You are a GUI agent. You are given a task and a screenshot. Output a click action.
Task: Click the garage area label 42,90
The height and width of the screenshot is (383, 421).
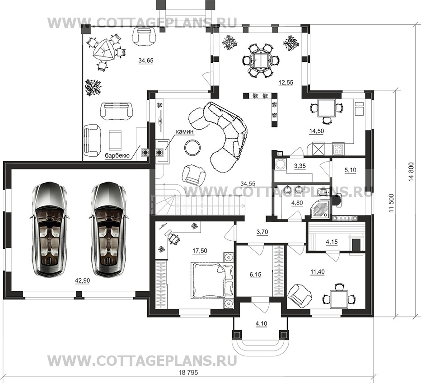tap(82, 281)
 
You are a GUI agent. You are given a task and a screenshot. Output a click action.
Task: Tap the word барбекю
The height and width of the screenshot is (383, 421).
tap(117, 156)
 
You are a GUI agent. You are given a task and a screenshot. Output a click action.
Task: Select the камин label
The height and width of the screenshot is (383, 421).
tap(185, 132)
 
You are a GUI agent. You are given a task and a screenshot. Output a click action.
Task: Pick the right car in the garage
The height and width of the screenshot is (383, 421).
tap(108, 229)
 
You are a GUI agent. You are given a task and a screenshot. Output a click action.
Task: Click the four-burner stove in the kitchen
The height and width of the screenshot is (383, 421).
tap(338, 149)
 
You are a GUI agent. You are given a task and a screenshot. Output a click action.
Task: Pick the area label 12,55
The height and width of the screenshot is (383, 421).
tap(286, 83)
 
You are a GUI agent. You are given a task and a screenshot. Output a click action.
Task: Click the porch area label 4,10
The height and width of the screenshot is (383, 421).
tap(261, 324)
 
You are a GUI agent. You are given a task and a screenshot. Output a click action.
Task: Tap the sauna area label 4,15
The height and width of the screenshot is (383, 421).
tap(332, 242)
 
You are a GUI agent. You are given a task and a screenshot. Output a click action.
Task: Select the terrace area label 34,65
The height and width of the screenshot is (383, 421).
tap(146, 61)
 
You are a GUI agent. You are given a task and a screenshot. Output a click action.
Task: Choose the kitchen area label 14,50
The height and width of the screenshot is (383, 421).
tap(317, 131)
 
